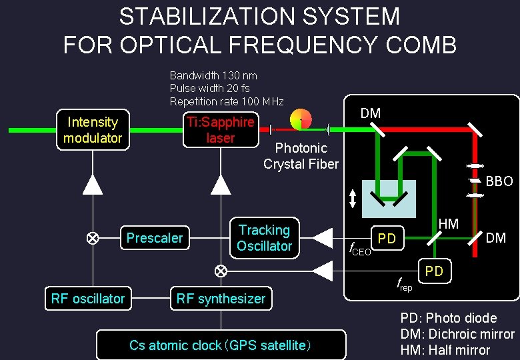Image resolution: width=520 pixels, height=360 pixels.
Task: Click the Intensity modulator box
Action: click(93, 129)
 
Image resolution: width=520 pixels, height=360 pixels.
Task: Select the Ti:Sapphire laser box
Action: click(221, 129)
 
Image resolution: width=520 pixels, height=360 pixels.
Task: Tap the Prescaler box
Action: click(155, 238)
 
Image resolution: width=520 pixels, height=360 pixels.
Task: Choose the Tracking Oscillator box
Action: click(265, 238)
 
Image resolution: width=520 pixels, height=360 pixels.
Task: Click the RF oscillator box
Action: click(88, 299)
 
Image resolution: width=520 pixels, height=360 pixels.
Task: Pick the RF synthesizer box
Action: click(221, 299)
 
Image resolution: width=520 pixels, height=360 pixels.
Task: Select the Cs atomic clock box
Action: click(221, 345)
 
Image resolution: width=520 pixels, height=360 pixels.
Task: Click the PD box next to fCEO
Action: click(387, 238)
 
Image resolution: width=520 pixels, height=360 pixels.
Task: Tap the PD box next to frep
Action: click(434, 271)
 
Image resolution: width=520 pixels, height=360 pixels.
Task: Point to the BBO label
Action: click(499, 181)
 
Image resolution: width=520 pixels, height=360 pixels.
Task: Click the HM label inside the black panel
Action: click(449, 224)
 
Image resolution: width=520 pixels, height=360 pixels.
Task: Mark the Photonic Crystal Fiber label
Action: click(301, 156)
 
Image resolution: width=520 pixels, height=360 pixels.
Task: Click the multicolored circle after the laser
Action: click(301, 119)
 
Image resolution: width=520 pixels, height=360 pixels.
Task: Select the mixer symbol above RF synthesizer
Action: click(221, 271)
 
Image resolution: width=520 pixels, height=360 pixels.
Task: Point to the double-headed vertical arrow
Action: click(353, 198)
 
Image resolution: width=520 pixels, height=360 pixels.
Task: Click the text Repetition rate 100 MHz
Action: click(227, 101)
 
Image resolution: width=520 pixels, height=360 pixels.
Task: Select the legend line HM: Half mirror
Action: click(445, 350)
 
